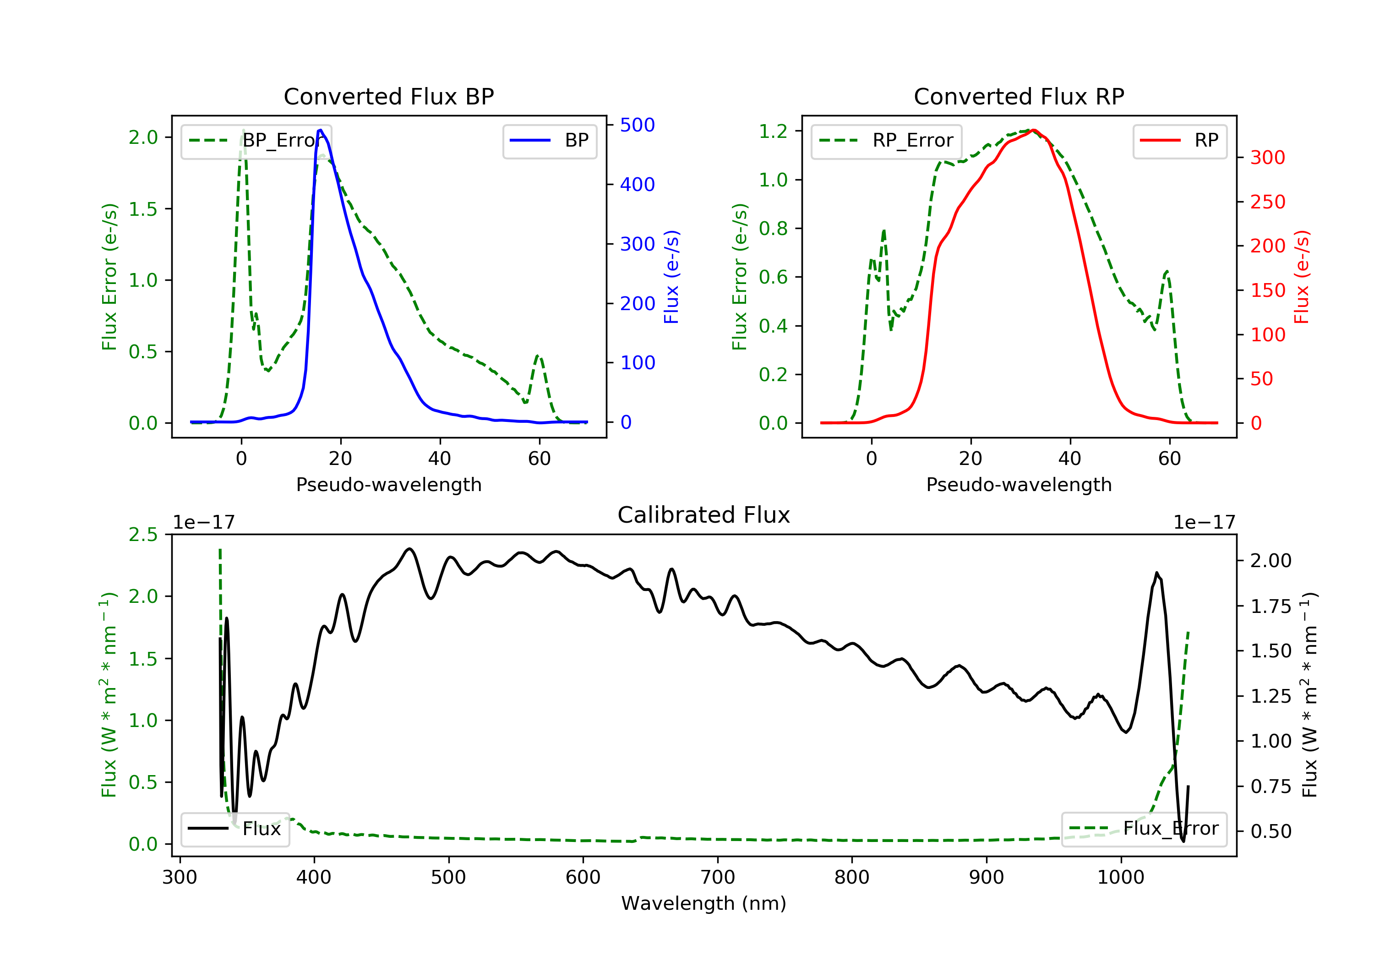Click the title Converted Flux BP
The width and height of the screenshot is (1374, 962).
[388, 96]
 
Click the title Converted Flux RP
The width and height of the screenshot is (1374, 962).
[1019, 96]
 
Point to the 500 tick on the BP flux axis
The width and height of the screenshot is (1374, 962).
[638, 125]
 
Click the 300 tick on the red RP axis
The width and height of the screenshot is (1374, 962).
[1267, 158]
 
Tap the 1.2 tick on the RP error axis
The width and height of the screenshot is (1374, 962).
[773, 131]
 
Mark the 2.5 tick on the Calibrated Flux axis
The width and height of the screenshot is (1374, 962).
[143, 534]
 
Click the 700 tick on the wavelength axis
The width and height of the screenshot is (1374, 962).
[718, 878]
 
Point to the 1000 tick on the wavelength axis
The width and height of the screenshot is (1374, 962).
[1120, 878]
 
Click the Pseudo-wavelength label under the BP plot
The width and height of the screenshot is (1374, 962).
[388, 484]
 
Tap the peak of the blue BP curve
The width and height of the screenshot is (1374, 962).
[320, 130]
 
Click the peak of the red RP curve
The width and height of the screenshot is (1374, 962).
[1034, 130]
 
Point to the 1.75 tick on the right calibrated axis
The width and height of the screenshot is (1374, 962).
[1271, 607]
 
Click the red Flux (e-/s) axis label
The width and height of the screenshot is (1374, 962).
[1302, 277]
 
